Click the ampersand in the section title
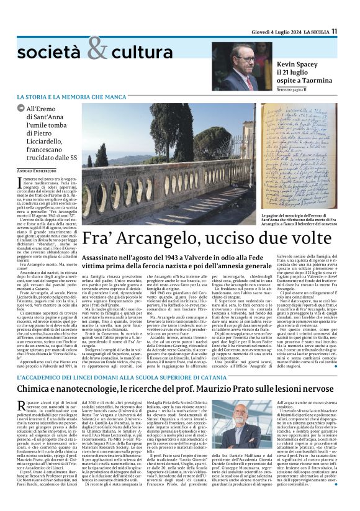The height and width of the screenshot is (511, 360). (97, 49)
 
